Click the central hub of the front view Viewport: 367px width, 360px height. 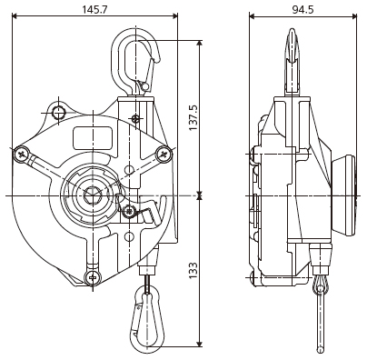pos(93,194)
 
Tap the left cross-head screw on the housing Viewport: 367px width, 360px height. pos(22,155)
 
